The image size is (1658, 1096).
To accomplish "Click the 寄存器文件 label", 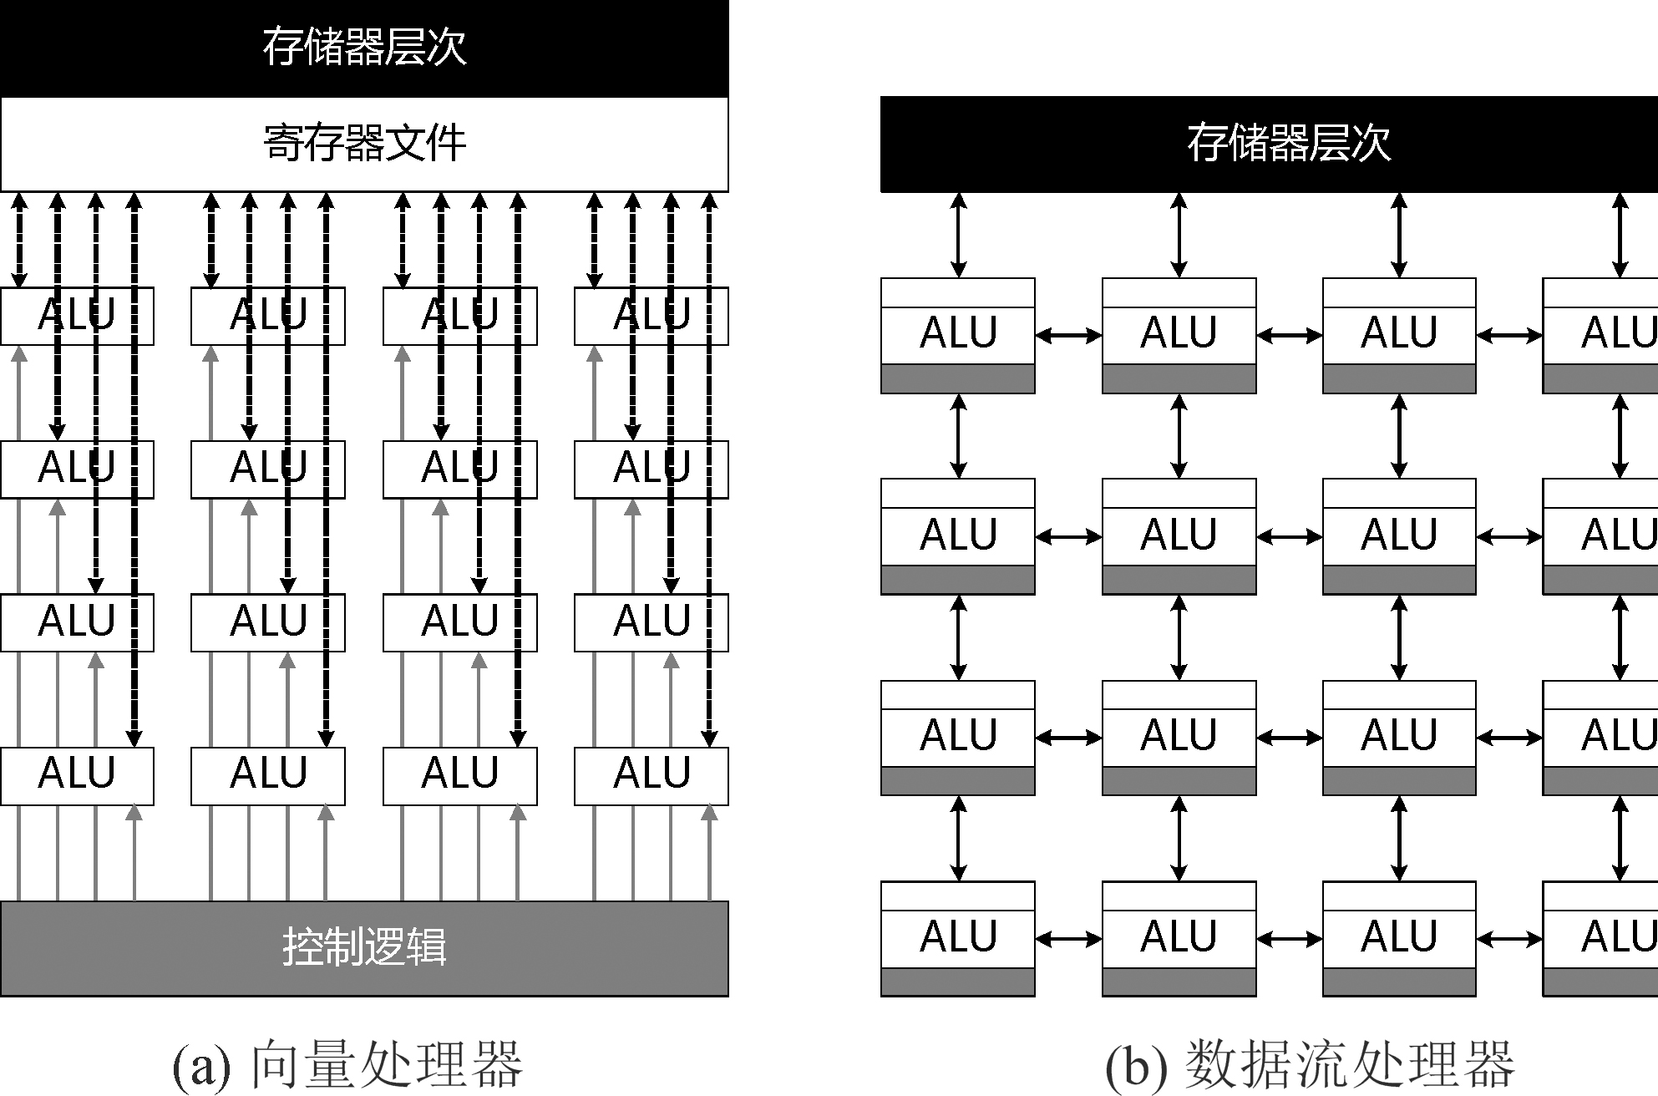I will (x=364, y=144).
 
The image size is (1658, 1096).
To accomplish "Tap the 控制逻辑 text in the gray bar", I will (x=364, y=947).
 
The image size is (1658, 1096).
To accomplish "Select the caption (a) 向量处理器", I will (x=347, y=1064).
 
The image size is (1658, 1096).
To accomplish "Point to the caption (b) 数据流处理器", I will (x=1309, y=1064).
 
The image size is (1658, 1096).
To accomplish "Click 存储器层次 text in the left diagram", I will (x=364, y=47).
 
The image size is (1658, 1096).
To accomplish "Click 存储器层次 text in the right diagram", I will (x=1289, y=143).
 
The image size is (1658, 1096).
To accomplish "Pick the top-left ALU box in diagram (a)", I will (x=77, y=316).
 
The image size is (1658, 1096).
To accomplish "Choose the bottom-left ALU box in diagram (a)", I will (x=77, y=775).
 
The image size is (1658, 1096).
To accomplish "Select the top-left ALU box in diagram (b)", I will (x=958, y=334).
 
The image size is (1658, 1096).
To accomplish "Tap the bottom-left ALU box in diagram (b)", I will (x=958, y=937).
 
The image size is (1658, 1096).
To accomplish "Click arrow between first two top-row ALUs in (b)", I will (x=1068, y=336).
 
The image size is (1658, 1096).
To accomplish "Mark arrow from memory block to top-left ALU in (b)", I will (x=959, y=236).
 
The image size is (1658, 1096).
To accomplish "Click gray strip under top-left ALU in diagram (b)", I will (x=958, y=378).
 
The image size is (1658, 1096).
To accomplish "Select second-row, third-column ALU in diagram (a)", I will (x=459, y=469).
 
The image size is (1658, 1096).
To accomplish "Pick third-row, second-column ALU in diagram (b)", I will (x=1179, y=737).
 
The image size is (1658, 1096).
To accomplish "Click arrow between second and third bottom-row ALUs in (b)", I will (x=1289, y=940).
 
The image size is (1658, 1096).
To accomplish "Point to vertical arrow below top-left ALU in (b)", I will (x=959, y=436).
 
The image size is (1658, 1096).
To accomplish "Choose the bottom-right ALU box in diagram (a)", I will (x=652, y=775).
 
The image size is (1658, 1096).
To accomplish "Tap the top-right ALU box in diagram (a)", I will (x=652, y=316).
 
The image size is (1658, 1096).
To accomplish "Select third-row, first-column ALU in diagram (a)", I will (x=77, y=622).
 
